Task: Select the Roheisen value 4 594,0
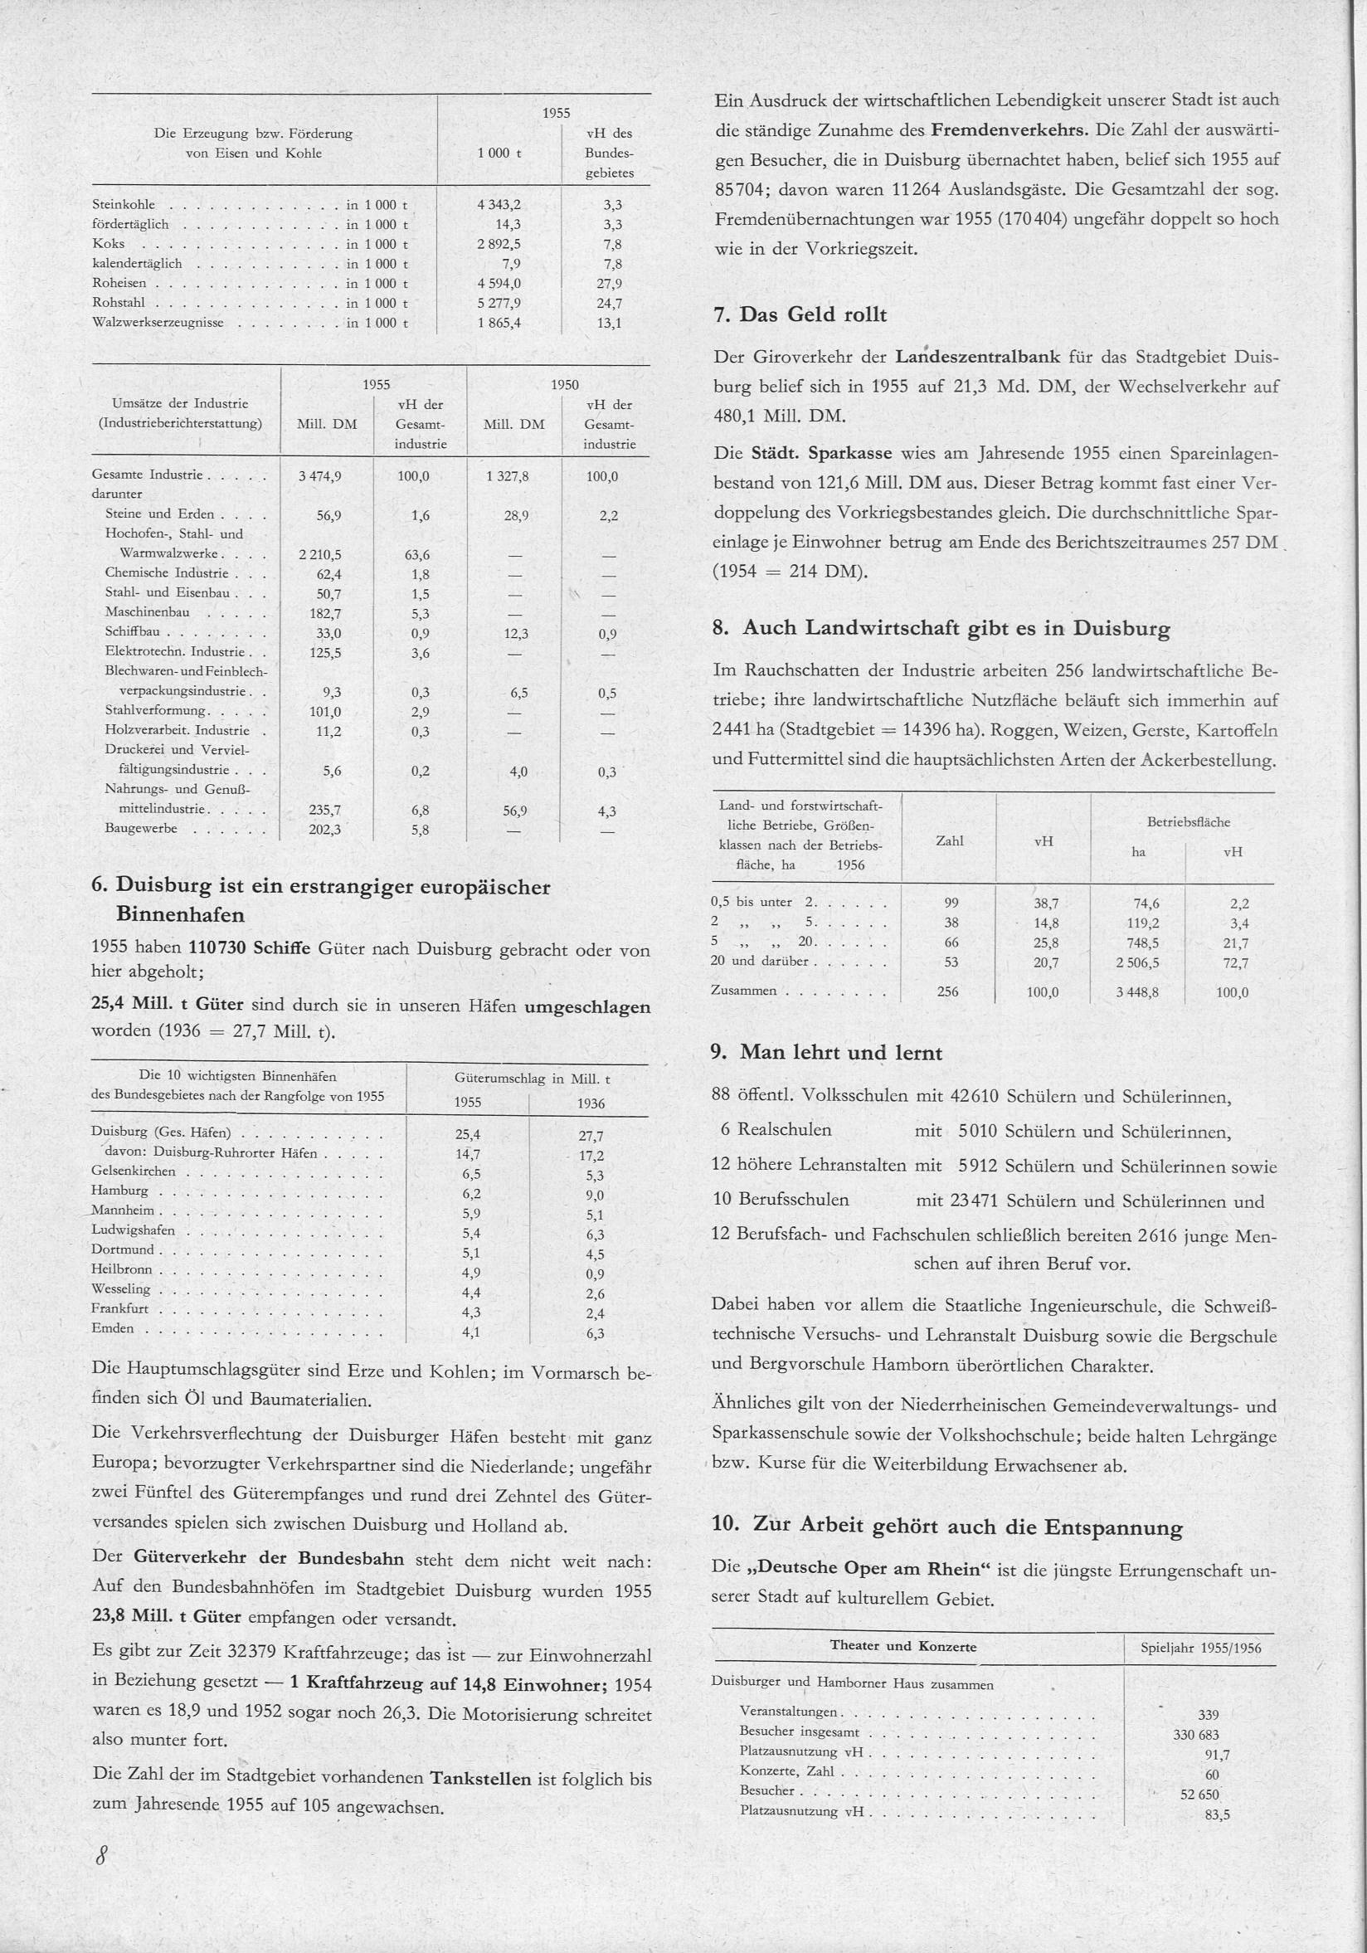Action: [x=499, y=283]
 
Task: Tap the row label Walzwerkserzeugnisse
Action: [x=158, y=324]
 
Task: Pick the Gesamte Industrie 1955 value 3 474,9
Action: [x=320, y=476]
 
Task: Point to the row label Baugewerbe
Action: [x=140, y=828]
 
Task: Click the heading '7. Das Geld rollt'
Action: [x=800, y=314]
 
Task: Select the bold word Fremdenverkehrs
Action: [x=1008, y=131]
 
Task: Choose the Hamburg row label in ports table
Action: [x=119, y=1191]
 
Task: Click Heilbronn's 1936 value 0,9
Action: [x=595, y=1274]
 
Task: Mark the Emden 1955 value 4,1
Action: [x=470, y=1333]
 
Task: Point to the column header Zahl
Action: [x=949, y=841]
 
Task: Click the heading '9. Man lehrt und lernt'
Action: [x=827, y=1053]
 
